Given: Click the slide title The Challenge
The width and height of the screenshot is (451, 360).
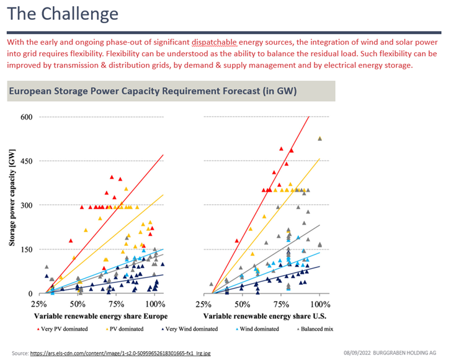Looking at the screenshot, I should (x=64, y=14).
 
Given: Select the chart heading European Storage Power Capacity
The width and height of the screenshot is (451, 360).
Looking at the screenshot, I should (x=153, y=91).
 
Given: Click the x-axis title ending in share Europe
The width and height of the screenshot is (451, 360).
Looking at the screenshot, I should (x=97, y=316).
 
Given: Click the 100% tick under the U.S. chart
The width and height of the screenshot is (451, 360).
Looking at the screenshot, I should (x=319, y=304).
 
